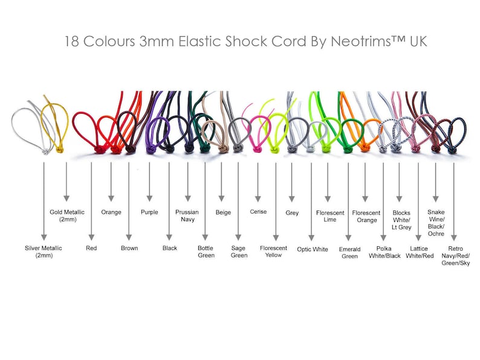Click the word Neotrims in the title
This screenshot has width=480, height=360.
coord(361,41)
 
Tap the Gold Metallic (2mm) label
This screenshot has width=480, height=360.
coord(67,215)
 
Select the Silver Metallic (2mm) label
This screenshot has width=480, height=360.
coord(44,252)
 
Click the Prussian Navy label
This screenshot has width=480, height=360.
coord(187,215)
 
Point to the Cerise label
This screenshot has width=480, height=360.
coord(258,212)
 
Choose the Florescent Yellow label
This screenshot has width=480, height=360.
coord(273,252)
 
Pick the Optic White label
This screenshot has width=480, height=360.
coord(313,249)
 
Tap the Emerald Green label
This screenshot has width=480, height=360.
coord(349,253)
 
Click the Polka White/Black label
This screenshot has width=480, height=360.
coord(384,252)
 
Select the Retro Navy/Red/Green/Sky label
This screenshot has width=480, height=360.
coord(455,256)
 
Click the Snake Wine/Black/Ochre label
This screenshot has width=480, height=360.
coord(436,223)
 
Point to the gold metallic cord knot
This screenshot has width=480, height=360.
coord(60,150)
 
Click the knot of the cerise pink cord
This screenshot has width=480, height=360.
coord(257,149)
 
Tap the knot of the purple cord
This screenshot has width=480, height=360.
coord(150,149)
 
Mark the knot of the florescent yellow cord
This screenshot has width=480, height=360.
coord(274,150)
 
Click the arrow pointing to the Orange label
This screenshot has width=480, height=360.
coord(111,182)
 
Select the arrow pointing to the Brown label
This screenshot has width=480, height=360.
coord(129,201)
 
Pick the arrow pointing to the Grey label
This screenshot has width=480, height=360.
coord(292,182)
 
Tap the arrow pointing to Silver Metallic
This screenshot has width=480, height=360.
coord(44,201)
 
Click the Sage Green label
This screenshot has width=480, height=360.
coord(239,252)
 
